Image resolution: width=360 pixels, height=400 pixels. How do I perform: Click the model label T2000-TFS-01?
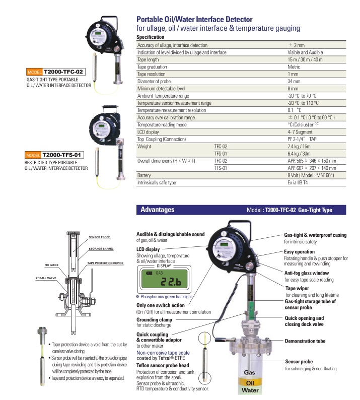point(62,154)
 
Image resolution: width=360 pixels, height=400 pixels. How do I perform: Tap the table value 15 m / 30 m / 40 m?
point(305,59)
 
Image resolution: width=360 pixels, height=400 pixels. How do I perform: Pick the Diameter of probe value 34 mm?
point(294,81)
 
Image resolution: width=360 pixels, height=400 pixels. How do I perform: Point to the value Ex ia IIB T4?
point(302,182)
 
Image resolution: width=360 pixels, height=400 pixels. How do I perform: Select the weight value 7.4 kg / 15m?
point(300,146)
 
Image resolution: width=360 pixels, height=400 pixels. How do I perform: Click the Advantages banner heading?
point(158,210)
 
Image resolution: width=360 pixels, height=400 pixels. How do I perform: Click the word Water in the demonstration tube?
point(252,389)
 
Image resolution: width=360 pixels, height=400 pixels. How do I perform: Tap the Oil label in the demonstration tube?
point(252,381)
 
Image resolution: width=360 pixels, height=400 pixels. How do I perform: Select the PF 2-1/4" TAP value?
point(302,139)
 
